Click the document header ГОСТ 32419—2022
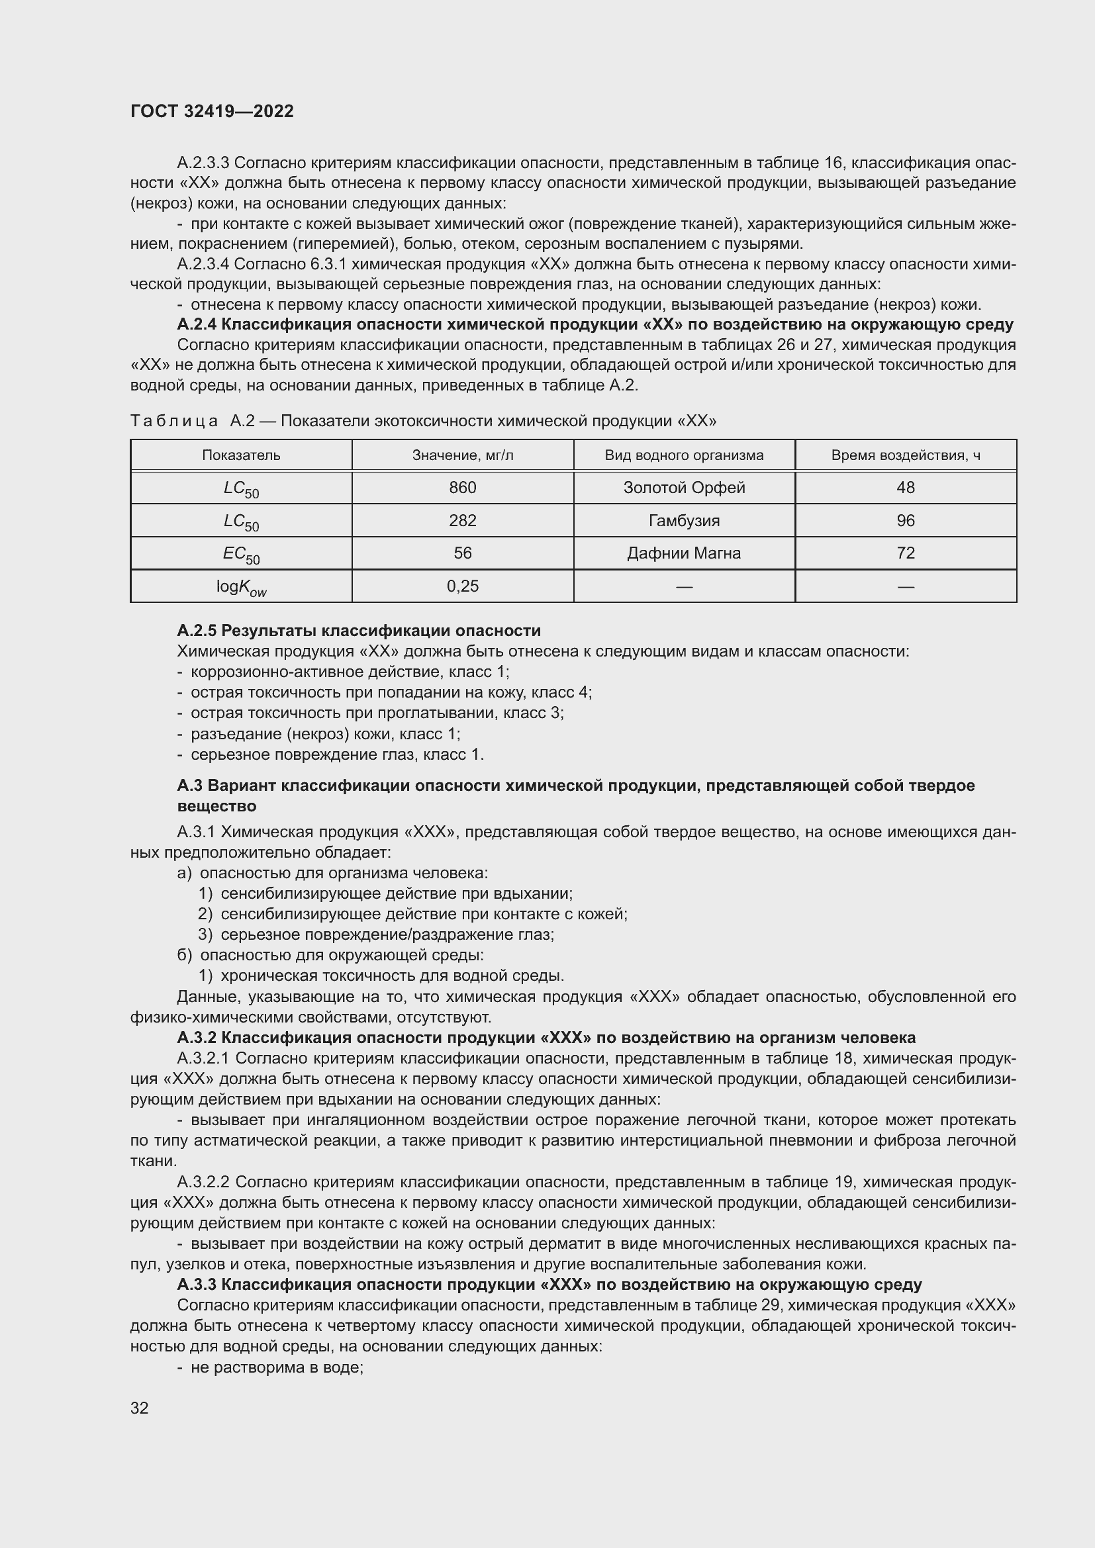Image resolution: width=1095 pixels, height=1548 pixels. point(212,111)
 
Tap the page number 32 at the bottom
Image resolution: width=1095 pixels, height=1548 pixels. point(140,1408)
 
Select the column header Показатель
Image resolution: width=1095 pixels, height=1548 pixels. point(241,455)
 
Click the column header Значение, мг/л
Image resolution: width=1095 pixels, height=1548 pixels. point(463,455)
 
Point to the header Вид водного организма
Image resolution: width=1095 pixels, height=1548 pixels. point(684,455)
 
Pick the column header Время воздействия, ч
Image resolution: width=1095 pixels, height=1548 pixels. point(906,455)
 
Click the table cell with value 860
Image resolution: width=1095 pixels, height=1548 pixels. point(463,488)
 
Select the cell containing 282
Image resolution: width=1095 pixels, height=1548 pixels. point(463,520)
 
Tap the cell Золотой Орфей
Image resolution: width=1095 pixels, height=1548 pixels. point(684,488)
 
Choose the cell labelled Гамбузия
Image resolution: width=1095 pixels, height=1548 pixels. point(684,520)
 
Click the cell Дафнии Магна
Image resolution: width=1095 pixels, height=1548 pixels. point(684,553)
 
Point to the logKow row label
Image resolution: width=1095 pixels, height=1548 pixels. point(241,587)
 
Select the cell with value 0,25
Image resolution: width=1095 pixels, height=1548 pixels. point(463,586)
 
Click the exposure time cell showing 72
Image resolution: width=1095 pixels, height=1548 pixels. point(906,553)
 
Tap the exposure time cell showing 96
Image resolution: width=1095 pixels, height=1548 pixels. point(906,520)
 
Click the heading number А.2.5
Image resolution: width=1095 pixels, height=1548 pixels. point(197,631)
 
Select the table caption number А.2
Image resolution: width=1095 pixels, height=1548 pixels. point(242,422)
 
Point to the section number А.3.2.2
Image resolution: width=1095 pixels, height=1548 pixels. point(203,1183)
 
